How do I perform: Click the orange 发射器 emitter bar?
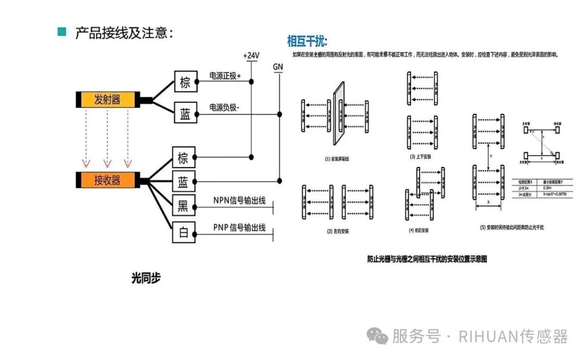(x=107, y=100)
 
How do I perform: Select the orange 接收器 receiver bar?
(x=107, y=180)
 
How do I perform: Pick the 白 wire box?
(x=184, y=233)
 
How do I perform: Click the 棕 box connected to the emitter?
(x=185, y=83)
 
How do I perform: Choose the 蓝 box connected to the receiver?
(x=184, y=181)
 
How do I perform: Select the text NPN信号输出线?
(x=239, y=201)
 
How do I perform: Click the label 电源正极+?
(x=225, y=76)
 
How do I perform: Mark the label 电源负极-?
(x=224, y=108)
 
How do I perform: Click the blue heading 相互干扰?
(x=308, y=41)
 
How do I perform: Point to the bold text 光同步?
(x=146, y=278)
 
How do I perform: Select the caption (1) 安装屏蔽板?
(x=336, y=159)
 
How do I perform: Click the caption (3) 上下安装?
(x=420, y=157)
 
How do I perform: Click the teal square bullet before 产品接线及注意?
(x=62, y=32)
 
